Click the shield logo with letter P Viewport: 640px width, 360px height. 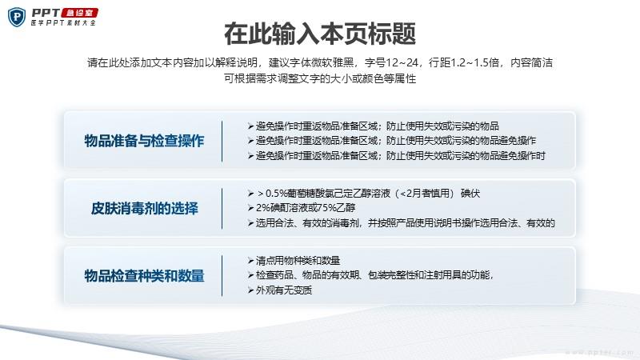17,17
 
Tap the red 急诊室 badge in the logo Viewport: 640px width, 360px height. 79,13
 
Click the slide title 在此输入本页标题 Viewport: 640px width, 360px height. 320,34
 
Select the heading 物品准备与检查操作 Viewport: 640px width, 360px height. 144,141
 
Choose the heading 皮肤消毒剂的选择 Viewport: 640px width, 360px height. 144,208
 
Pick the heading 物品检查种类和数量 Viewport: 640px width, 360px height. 144,275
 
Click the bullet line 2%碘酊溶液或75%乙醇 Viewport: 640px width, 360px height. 306,208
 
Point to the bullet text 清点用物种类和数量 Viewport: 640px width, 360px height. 298,261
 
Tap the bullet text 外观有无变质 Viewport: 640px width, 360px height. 284,290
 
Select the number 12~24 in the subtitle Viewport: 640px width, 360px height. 402,62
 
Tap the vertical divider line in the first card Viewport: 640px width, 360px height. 222,142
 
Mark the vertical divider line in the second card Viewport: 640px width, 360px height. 222,209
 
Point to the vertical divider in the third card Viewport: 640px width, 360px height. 222,276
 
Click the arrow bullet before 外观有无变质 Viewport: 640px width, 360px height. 250,290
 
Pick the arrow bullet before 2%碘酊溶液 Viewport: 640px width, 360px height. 250,208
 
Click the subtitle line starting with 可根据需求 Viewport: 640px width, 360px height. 320,78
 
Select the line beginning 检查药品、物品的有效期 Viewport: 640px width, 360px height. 374,275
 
